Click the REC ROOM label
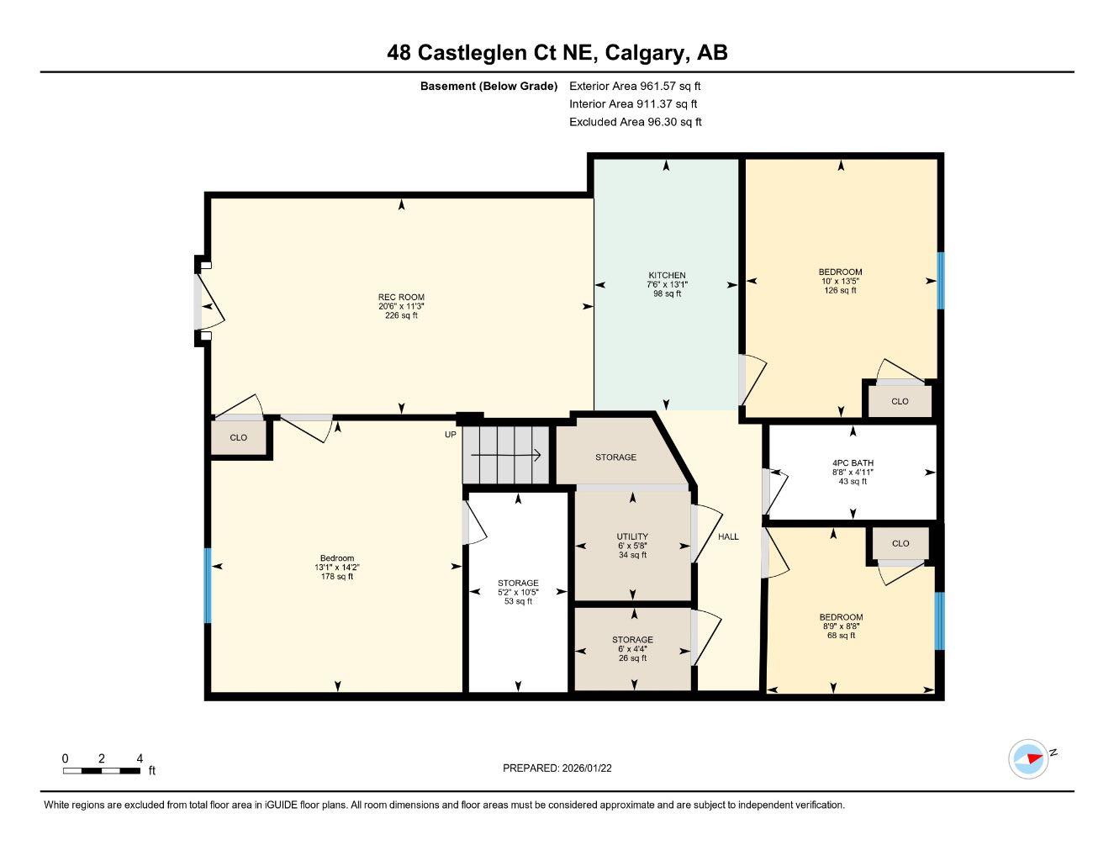point(401,297)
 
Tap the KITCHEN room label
point(667,275)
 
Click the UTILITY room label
point(632,536)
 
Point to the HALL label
point(728,536)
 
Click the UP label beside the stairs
point(451,435)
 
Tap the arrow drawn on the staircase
point(506,456)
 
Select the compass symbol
point(1027,758)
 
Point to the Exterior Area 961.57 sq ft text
point(635,86)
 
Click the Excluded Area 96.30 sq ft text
point(635,122)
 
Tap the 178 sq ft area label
point(337,577)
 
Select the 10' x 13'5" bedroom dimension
point(841,281)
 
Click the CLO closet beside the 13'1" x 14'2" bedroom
point(239,438)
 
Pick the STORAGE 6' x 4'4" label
point(632,640)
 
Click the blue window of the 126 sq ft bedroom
point(941,280)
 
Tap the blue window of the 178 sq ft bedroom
point(208,585)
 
